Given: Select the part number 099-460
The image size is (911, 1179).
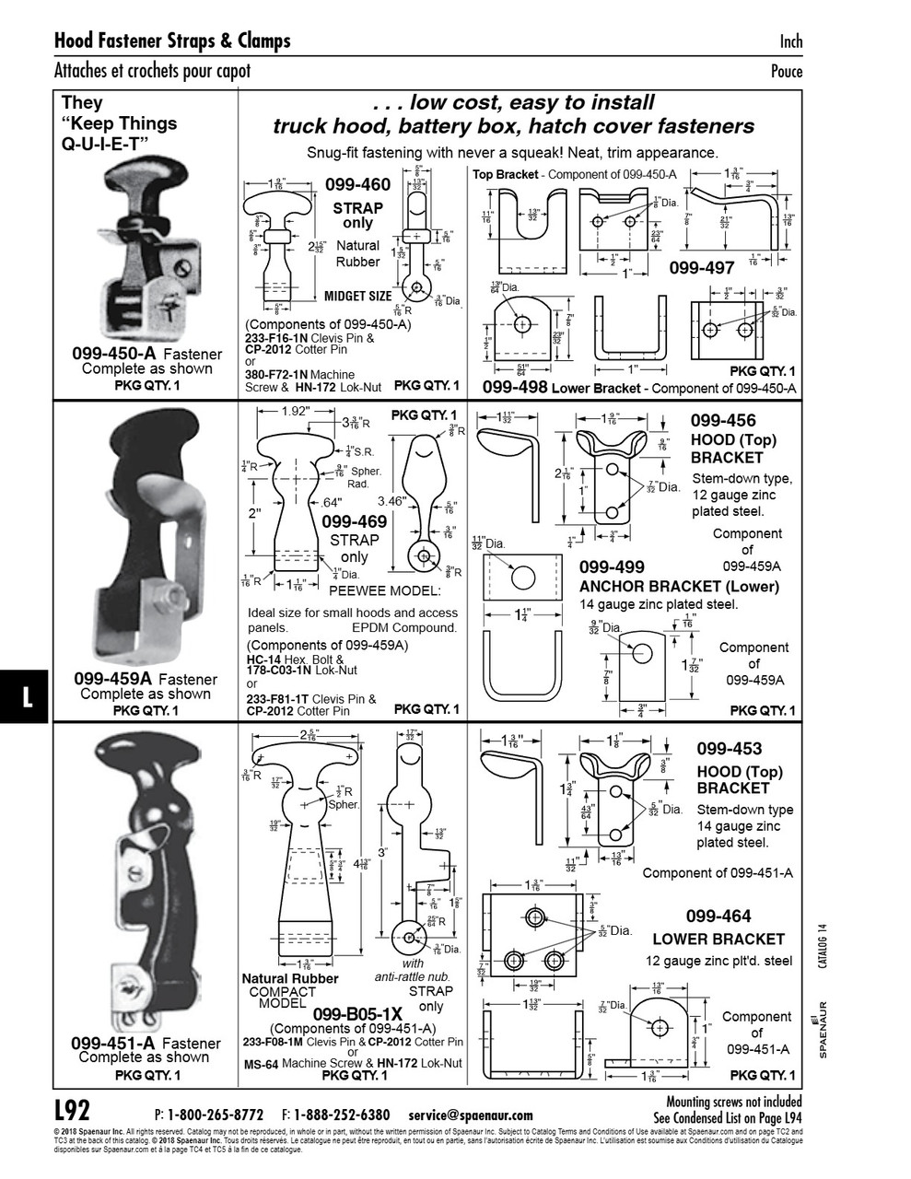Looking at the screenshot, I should tap(357, 185).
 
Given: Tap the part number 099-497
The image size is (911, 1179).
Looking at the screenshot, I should tap(701, 268).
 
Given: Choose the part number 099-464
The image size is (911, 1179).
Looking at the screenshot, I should tap(718, 916).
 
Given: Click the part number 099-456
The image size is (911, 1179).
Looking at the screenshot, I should tap(723, 421).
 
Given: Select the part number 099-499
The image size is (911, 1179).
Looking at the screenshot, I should tap(612, 566).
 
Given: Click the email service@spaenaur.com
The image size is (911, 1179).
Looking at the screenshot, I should tap(471, 1115).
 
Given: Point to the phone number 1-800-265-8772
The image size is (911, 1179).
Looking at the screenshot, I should tap(216, 1115).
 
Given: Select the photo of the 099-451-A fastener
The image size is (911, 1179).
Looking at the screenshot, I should tap(147, 880).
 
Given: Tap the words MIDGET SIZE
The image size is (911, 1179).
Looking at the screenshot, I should tap(357, 297).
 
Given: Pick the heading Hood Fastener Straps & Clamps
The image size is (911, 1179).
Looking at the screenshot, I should tap(172, 41).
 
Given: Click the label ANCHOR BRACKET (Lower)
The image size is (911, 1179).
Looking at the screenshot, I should tap(678, 586).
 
